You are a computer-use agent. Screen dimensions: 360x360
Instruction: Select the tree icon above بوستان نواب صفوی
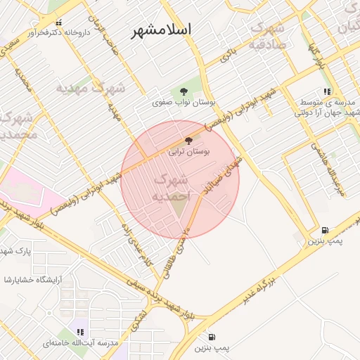pos(184,91)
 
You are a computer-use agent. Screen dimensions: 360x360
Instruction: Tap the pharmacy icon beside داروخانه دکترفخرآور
pos(58,24)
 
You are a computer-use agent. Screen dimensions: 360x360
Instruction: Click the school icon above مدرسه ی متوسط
pos(326,91)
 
